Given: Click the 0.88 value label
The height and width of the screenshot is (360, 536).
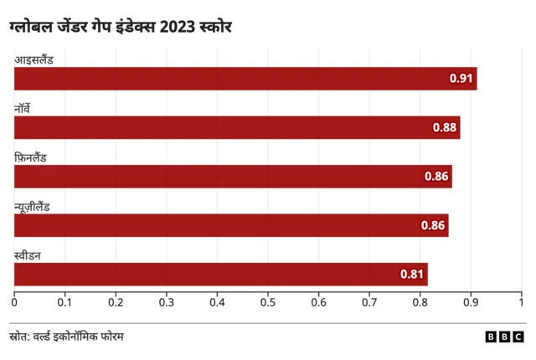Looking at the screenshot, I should click(x=445, y=127).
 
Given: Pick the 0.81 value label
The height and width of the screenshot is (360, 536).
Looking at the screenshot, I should click(x=412, y=274).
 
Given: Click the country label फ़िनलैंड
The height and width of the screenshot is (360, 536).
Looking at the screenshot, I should click(x=30, y=157).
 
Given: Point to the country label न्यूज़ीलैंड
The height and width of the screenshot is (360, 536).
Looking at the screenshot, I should click(x=32, y=206).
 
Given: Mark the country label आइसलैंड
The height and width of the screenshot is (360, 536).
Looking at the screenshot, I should click(x=34, y=59).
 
